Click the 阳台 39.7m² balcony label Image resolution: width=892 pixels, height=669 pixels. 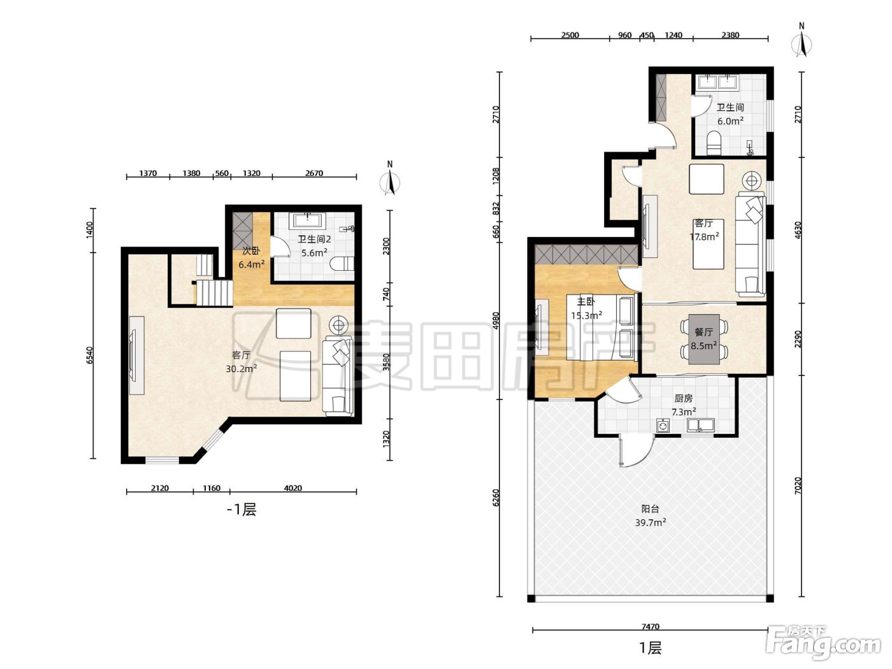click(x=651, y=515)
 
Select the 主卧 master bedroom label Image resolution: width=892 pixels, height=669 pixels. click(x=586, y=301)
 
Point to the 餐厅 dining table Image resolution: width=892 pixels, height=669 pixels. click(x=704, y=339)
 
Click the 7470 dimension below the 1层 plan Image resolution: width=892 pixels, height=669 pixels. click(x=651, y=626)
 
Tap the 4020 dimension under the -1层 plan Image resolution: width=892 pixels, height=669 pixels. click(x=292, y=488)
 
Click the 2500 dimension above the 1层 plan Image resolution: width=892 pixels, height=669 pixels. click(x=570, y=35)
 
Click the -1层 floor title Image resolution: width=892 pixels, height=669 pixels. click(x=241, y=509)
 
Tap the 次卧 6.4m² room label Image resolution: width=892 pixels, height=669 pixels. click(x=252, y=257)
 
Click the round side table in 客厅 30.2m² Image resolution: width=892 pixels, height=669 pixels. click(x=338, y=324)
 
